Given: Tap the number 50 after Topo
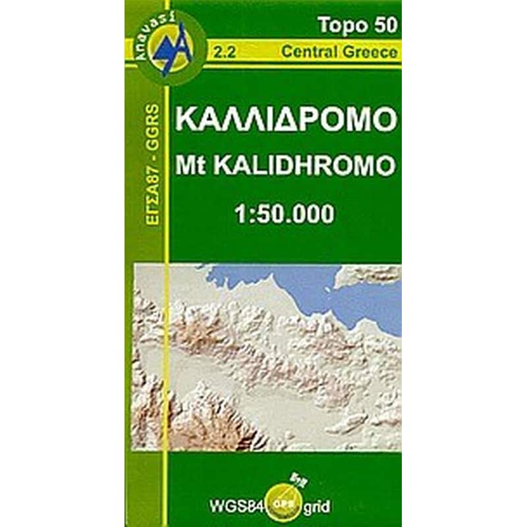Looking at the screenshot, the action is (x=385, y=25).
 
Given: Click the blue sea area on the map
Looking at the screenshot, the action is (x=329, y=290).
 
